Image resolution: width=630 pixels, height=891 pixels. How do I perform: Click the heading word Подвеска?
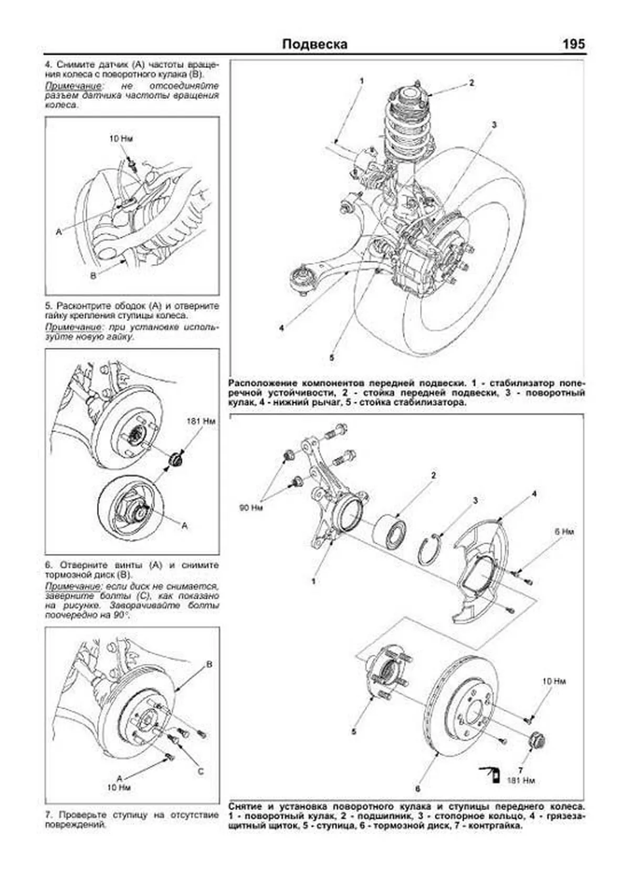[x=314, y=44]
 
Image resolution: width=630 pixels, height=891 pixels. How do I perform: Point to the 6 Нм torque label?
[x=564, y=531]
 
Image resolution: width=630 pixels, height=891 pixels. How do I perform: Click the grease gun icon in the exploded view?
[x=490, y=773]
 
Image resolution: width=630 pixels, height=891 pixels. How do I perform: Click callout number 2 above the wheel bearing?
[x=433, y=476]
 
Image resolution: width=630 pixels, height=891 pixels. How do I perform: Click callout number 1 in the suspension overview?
[x=362, y=81]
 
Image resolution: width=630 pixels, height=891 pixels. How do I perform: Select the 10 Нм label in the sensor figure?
[x=121, y=139]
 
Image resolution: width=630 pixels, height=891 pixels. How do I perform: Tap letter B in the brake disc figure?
[x=208, y=665]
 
